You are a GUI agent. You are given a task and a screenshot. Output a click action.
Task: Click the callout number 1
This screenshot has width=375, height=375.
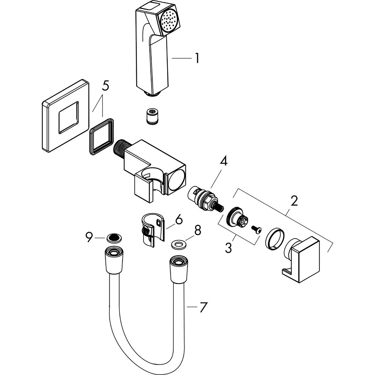197,58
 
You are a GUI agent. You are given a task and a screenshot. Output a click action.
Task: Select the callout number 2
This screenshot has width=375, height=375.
293,201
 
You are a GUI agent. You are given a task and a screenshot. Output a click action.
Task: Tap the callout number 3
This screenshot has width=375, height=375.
229,248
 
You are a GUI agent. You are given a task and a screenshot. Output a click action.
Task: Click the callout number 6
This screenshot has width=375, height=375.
178,220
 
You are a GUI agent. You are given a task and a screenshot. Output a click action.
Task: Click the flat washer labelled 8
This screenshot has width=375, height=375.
178,243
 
